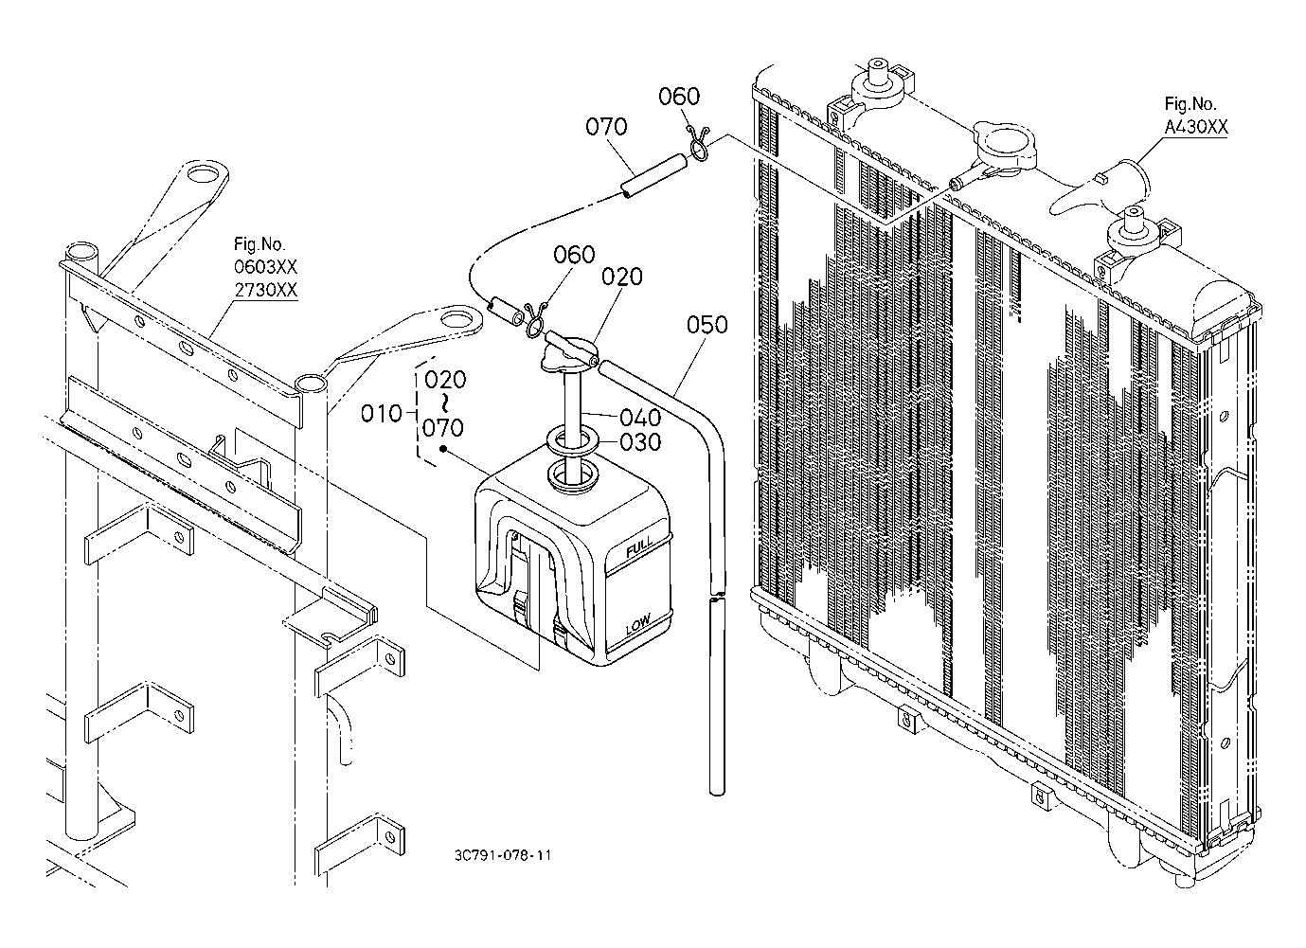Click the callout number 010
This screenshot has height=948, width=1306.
pyautogui.click(x=382, y=413)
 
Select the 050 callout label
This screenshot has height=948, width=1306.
pyautogui.click(x=707, y=326)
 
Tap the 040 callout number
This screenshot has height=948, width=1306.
pyautogui.click(x=640, y=417)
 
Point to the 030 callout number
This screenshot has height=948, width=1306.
pyautogui.click(x=640, y=442)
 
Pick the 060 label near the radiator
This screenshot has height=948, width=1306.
pyautogui.click(x=679, y=96)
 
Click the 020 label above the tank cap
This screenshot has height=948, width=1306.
pyautogui.click(x=621, y=277)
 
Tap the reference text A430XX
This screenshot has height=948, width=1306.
pyautogui.click(x=1196, y=128)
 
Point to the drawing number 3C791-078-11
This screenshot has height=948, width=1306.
pyautogui.click(x=502, y=855)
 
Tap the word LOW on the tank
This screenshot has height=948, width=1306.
pyautogui.click(x=636, y=625)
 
